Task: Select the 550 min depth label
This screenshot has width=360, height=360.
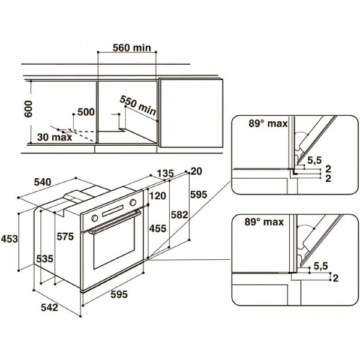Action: tap(137, 105)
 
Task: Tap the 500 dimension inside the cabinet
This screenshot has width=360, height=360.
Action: tap(86, 112)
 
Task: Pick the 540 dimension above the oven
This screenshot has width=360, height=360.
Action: tap(49, 181)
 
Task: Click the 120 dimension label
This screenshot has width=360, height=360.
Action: tap(157, 196)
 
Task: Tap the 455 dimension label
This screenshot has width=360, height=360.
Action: tap(157, 229)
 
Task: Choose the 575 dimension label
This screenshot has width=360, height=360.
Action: tap(65, 237)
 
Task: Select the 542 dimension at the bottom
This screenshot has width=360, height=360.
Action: tap(50, 308)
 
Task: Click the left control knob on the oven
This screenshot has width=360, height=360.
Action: tap(94, 217)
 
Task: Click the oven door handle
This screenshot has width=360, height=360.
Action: tap(115, 221)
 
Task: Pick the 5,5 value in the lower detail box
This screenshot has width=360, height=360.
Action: tap(320, 265)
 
